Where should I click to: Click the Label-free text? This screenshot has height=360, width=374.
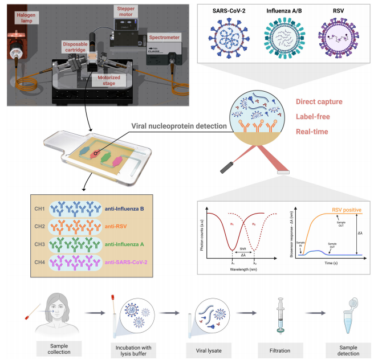pyautogui.click(x=312, y=117)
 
